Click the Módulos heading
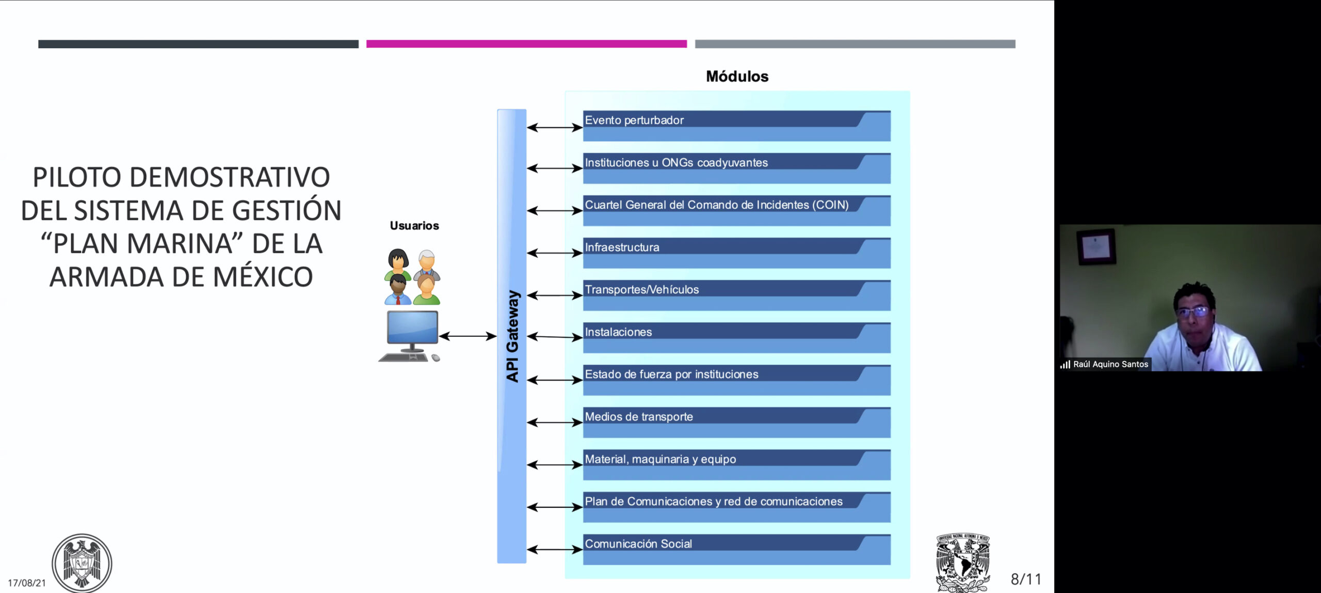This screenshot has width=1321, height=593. tap(737, 76)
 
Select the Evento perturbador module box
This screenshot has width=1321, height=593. tap(736, 126)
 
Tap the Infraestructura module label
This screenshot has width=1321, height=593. tap(622, 247)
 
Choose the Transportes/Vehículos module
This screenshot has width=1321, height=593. tap(736, 295)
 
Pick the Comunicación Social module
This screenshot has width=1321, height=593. tap(736, 549)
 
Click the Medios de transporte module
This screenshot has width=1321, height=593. tap(736, 422)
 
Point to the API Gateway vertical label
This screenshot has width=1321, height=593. tap(512, 336)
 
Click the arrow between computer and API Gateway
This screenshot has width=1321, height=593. tap(468, 336)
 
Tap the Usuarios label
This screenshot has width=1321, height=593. tap(414, 226)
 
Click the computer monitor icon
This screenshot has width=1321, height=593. tap(412, 327)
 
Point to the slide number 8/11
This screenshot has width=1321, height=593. tap(1026, 579)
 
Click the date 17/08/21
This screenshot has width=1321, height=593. tap(27, 583)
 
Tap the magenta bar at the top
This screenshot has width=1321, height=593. tap(526, 44)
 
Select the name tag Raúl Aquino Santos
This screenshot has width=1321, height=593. tap(1110, 364)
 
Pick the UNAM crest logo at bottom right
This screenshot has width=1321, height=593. tap(963, 562)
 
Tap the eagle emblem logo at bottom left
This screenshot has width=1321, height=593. tap(82, 563)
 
